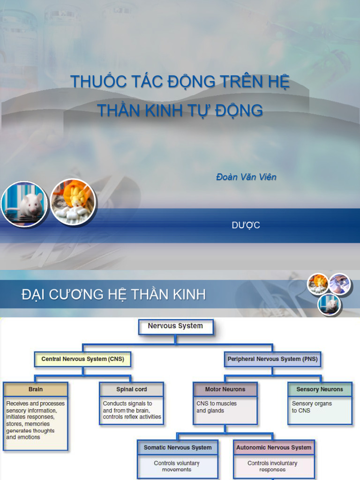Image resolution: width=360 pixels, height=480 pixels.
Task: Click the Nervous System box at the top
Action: coord(176,326)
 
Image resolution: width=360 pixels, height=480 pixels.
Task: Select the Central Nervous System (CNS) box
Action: coord(82,360)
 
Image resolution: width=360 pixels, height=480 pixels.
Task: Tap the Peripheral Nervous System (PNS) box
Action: coord(272,360)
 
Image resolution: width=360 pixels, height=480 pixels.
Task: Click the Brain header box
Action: coord(36,390)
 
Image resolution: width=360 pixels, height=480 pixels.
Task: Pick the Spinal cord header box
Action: coord(132,390)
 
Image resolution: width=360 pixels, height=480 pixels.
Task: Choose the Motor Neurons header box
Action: coord(225,390)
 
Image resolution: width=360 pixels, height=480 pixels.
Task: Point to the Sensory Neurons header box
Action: coord(320,390)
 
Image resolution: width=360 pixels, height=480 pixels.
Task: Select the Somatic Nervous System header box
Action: coord(178,448)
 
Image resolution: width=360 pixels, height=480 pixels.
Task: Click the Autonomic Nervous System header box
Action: coord(274,448)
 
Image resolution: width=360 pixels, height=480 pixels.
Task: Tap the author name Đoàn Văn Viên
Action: coord(246,177)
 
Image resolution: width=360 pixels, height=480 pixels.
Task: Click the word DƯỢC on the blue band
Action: coord(246,225)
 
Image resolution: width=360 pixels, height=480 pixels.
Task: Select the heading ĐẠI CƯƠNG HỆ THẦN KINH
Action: coord(114,295)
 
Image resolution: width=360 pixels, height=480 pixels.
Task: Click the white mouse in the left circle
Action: coord(29,203)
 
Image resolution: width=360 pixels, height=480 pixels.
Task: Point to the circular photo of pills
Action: coord(73,202)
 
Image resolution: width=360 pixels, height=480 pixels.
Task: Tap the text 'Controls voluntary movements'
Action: coord(177,466)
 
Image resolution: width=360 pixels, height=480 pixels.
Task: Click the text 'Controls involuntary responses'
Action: coord(272,466)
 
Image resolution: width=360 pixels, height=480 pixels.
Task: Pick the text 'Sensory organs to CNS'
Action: coord(312,407)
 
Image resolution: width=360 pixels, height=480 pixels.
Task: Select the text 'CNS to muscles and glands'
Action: coord(217,407)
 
